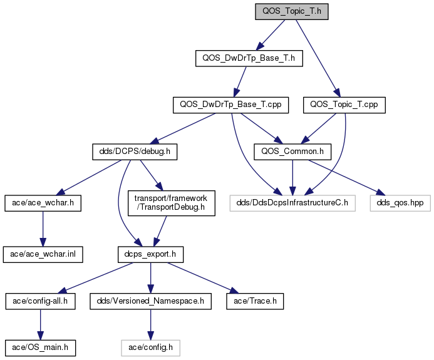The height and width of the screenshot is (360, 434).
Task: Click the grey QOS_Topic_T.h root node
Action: pyautogui.click(x=292, y=12)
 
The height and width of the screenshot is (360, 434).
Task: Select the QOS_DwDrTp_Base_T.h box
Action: pyautogui.click(x=249, y=58)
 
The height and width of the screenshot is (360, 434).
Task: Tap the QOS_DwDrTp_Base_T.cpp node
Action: pyautogui.click(x=231, y=105)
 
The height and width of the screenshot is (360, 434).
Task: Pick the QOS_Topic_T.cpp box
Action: pyautogui.click(x=344, y=105)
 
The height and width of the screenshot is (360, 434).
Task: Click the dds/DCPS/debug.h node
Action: pyautogui.click(x=135, y=152)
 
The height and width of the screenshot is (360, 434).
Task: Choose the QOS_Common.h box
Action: pyautogui.click(x=292, y=152)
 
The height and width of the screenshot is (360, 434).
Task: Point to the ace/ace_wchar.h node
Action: pyautogui.click(x=43, y=203)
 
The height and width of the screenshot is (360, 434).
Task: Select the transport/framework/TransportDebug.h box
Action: pyautogui.click(x=172, y=203)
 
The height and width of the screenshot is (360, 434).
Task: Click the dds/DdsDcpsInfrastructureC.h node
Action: pyautogui.click(x=292, y=203)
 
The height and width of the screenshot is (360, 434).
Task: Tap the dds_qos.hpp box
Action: pyautogui.click(x=400, y=203)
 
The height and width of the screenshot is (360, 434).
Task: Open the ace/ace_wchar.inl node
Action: pyautogui.click(x=43, y=254)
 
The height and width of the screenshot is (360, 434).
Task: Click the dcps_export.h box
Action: pyautogui.click(x=150, y=254)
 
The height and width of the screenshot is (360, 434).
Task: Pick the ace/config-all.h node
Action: pyautogui.click(x=41, y=301)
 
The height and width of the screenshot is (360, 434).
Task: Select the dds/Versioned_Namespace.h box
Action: pyautogui.click(x=150, y=301)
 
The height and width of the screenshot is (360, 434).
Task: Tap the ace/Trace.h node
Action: pyautogui.click(x=255, y=301)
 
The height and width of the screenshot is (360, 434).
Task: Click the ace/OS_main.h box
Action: pyautogui.click(x=41, y=348)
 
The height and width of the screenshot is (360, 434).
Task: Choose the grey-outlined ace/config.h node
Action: pyautogui.click(x=150, y=348)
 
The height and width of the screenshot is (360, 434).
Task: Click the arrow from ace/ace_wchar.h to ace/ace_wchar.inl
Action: pyautogui.click(x=43, y=229)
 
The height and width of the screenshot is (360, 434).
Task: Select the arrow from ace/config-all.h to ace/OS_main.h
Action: pyautogui.click(x=41, y=324)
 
